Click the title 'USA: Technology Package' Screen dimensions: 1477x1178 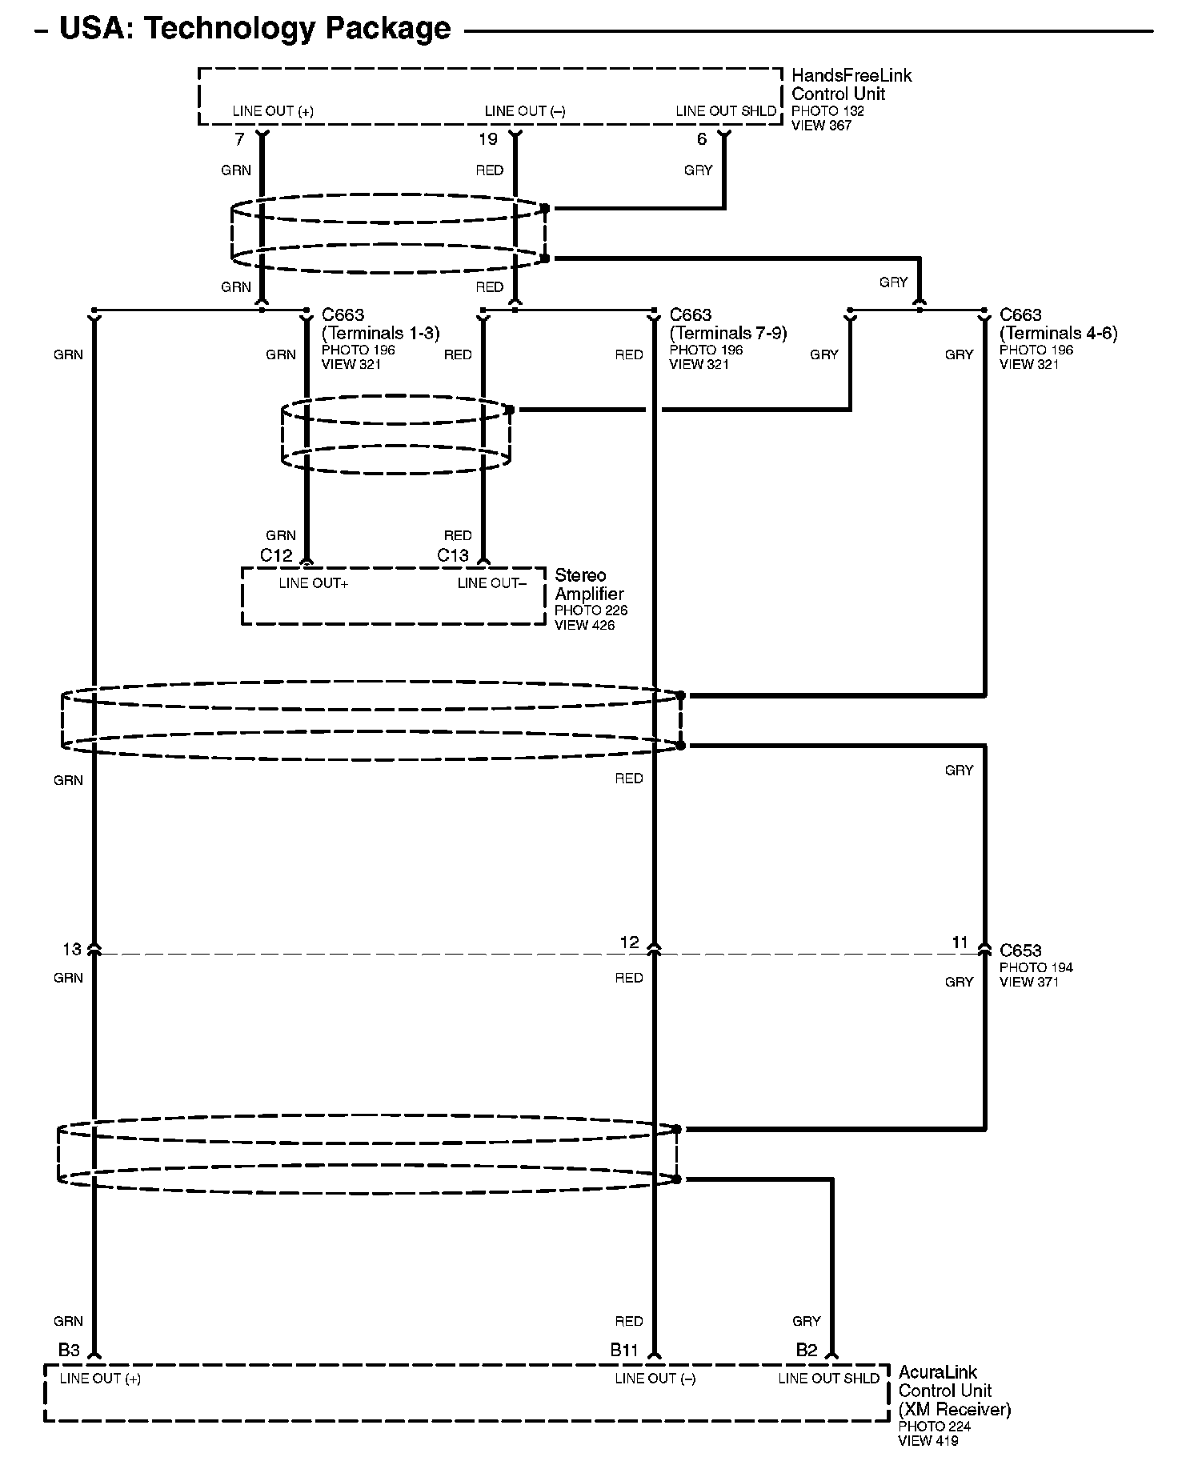point(254,29)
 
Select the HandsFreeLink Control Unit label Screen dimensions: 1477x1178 point(851,85)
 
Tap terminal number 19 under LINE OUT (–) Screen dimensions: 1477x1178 point(488,140)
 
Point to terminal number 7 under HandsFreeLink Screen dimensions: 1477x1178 point(239,140)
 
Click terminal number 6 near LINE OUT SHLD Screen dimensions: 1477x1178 point(702,140)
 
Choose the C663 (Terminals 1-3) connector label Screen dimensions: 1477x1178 point(380,324)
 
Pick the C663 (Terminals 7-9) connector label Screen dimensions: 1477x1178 point(727,324)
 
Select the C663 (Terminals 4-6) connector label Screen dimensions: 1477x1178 point(1058,324)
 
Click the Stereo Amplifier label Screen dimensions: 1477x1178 point(588,585)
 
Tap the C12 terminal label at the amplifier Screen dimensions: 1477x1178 point(276,555)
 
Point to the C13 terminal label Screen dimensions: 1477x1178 point(453,555)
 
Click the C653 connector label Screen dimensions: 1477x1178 point(1020,951)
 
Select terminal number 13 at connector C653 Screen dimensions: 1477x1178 point(72,949)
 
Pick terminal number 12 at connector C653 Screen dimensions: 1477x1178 point(630,943)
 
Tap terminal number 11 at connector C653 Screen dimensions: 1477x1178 point(960,943)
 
